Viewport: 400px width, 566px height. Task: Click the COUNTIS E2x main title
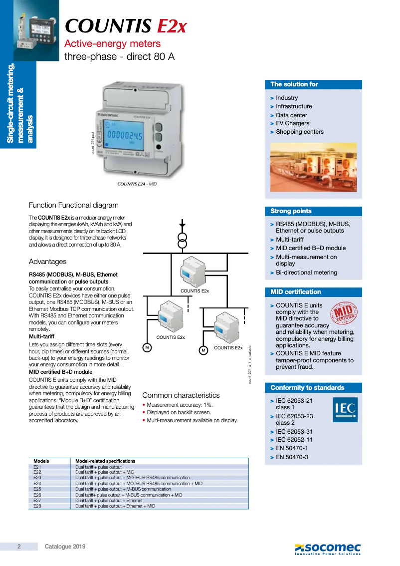[126, 26]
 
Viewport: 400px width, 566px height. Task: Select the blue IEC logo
[345, 409]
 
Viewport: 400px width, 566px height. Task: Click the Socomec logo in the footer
[327, 549]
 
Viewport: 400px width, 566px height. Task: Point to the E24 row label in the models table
[37, 484]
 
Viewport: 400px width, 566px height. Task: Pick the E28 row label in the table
[37, 506]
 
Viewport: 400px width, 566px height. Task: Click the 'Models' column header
[41, 461]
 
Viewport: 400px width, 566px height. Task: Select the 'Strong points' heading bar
[313, 211]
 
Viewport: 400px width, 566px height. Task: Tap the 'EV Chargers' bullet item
[292, 123]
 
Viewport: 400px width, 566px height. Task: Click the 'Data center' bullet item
[291, 115]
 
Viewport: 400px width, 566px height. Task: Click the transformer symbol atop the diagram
[183, 240]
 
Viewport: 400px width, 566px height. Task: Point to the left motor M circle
[147, 347]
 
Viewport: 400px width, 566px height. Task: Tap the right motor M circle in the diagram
[203, 350]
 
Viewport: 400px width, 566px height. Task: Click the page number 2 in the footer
[19, 547]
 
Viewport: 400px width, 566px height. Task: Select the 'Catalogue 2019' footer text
[65, 547]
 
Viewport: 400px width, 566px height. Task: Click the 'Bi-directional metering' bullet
[306, 273]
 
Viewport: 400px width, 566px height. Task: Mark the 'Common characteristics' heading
[181, 395]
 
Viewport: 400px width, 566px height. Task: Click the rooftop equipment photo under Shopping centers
[313, 167]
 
